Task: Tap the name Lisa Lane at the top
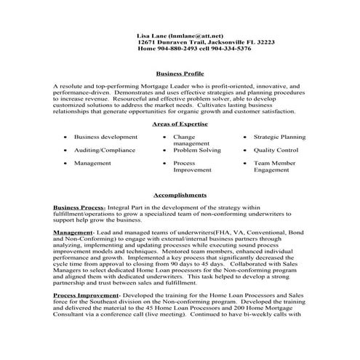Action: (152, 35)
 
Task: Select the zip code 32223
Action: (262, 42)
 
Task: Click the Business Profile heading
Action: (180, 73)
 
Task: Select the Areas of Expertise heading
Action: (180, 124)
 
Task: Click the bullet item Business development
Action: (105, 137)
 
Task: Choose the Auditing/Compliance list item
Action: (105, 150)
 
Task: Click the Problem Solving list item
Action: (196, 150)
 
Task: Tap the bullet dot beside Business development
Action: (66, 137)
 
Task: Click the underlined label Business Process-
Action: (79, 207)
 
